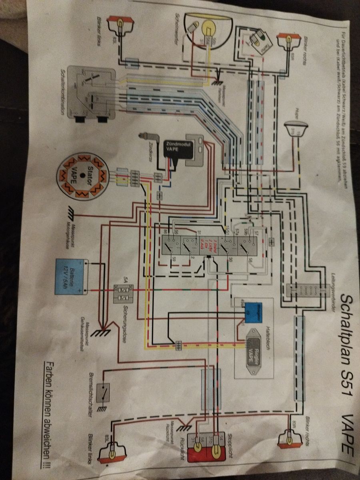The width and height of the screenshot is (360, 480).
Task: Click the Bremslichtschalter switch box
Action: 105,394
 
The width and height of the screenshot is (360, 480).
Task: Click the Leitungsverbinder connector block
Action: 304,290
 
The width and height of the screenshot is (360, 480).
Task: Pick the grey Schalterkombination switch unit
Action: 91,93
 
